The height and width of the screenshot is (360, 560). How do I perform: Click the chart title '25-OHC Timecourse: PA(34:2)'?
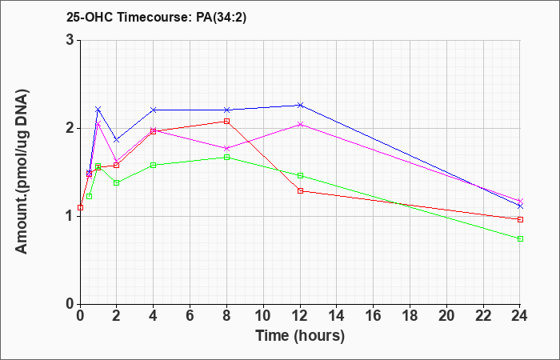(157, 18)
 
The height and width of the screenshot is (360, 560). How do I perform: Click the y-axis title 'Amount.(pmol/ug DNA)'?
(22, 172)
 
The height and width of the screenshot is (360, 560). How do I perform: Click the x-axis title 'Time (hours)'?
(300, 336)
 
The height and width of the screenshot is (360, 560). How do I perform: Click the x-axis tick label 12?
(300, 316)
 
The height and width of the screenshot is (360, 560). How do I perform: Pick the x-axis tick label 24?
(520, 316)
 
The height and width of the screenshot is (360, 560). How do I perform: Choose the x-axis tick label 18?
(410, 316)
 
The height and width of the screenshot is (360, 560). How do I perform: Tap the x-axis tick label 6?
(190, 316)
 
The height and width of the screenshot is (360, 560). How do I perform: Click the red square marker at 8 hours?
(226, 121)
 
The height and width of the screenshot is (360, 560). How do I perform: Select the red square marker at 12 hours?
(300, 190)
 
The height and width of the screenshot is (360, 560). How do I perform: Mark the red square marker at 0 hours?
(80, 207)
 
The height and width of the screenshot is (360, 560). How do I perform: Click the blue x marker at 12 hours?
(300, 105)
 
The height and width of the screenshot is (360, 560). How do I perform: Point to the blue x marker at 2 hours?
(117, 140)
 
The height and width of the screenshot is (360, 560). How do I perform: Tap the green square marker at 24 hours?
(520, 238)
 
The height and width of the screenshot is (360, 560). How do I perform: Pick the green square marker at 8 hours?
(226, 157)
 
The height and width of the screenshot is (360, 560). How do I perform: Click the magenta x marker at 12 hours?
(300, 124)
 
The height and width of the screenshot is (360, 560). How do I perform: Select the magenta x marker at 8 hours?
(226, 148)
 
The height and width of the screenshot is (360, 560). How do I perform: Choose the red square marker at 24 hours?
(520, 219)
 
